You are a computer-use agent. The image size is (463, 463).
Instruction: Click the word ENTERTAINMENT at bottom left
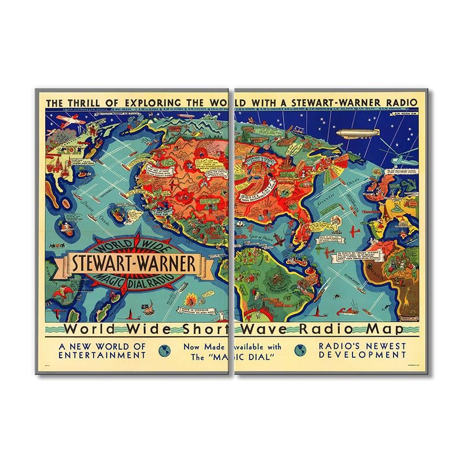101,355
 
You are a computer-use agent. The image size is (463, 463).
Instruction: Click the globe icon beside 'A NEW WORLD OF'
164,350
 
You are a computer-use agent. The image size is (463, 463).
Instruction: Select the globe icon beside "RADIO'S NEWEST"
300,350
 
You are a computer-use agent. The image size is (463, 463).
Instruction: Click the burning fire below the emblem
192,299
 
